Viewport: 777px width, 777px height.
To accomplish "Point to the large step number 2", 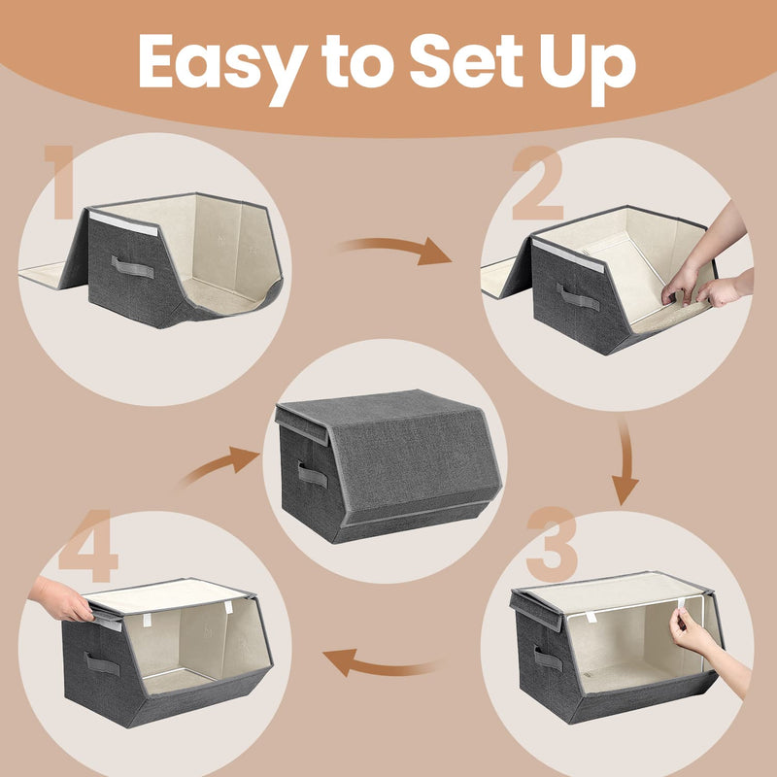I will (x=537, y=185).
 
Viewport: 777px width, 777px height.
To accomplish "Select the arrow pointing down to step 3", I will (x=625, y=465).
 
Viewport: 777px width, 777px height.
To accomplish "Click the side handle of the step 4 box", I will (x=102, y=664).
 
